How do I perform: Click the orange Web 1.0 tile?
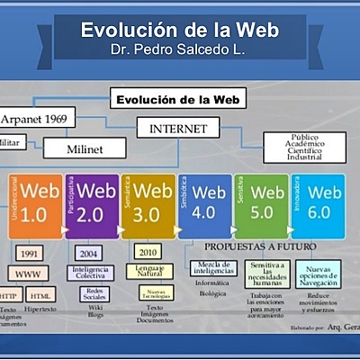36,205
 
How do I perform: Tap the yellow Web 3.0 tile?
148,205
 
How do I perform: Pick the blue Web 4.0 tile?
205,205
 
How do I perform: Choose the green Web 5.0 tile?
262,205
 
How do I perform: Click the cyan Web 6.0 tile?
319,205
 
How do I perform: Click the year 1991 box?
27,253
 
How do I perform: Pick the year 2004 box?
89,253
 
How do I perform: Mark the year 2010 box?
148,253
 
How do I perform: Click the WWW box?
28,273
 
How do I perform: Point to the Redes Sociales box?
93,294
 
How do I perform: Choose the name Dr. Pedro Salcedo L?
179,49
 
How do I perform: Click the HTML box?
40,294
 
